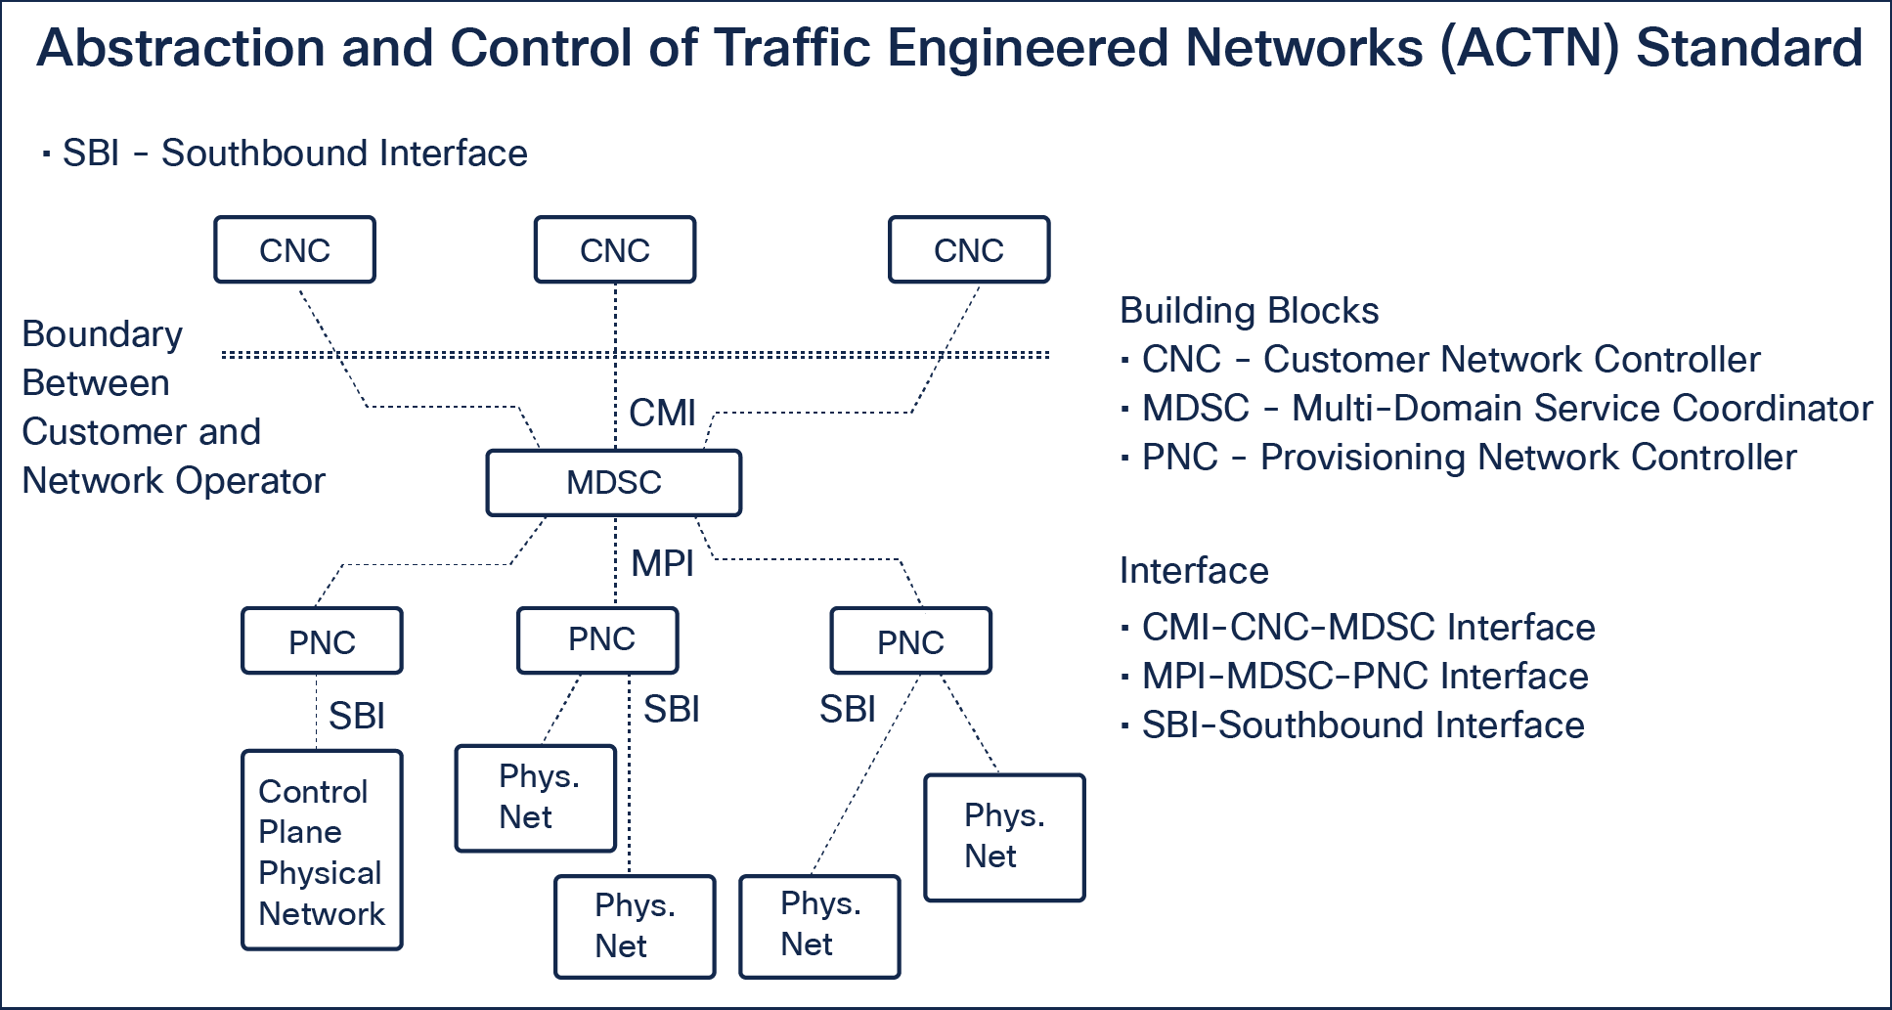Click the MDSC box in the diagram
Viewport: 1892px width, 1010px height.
pos(613,482)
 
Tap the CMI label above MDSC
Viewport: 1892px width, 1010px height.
pos(662,414)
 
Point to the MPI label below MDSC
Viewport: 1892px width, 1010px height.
pos(662,563)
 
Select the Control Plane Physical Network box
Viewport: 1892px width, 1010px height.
pos(322,851)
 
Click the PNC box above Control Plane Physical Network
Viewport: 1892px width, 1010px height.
pos(322,641)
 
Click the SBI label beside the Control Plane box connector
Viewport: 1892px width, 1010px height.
pos(357,717)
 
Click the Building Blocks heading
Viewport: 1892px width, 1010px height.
pos(1249,311)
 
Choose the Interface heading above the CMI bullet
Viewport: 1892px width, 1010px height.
pos(1194,571)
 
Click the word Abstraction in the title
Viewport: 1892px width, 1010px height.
pos(181,49)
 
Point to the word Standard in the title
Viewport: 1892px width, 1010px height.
pos(1749,49)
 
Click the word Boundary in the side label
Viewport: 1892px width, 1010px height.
pos(102,334)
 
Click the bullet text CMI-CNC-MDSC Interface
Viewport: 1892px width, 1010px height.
pos(1368,628)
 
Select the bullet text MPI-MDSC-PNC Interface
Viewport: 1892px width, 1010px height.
pos(1365,677)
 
